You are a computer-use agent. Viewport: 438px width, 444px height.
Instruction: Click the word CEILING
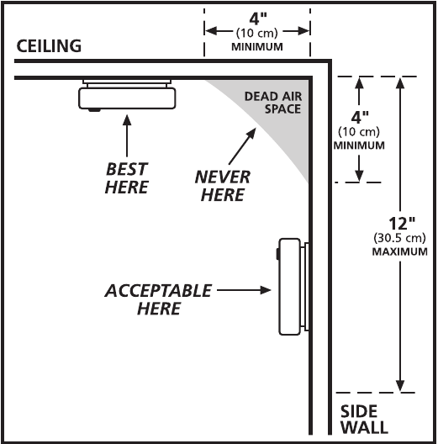pyautogui.click(x=49, y=46)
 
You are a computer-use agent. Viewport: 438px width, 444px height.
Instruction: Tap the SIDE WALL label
pyautogui.click(x=364, y=420)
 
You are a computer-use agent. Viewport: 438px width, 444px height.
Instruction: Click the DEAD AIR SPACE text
pyautogui.click(x=273, y=103)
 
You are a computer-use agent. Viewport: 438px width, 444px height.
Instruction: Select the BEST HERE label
pyautogui.click(x=127, y=177)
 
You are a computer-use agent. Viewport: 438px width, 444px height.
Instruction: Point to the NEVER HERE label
pyautogui.click(x=223, y=186)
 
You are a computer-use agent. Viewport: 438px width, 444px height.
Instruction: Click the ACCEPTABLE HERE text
pyautogui.click(x=158, y=299)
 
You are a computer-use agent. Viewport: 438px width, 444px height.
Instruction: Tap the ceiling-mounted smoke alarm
pyautogui.click(x=127, y=95)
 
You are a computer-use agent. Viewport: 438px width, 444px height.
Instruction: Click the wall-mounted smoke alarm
pyautogui.click(x=293, y=287)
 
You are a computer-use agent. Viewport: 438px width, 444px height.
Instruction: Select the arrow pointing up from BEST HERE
pyautogui.click(x=127, y=135)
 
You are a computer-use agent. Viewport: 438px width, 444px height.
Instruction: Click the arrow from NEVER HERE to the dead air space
pyautogui.click(x=242, y=146)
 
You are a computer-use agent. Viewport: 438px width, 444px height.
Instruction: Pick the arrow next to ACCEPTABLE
pyautogui.click(x=244, y=290)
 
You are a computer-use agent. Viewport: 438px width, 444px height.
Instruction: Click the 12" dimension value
pyautogui.click(x=401, y=224)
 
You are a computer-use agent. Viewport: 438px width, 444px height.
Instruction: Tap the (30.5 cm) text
pyautogui.click(x=399, y=238)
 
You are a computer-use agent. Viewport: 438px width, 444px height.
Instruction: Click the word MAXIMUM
pyautogui.click(x=399, y=251)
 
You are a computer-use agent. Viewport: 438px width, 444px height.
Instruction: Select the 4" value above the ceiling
pyautogui.click(x=258, y=19)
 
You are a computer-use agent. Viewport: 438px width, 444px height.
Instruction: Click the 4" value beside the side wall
pyautogui.click(x=360, y=117)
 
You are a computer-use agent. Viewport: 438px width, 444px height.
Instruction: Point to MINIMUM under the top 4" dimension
pyautogui.click(x=257, y=47)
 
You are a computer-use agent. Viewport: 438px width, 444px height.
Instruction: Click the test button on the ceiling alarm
pyautogui.click(x=94, y=109)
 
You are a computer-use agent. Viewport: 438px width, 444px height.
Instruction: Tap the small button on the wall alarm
pyautogui.click(x=278, y=254)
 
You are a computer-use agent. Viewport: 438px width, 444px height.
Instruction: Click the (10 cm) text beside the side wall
pyautogui.click(x=359, y=132)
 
